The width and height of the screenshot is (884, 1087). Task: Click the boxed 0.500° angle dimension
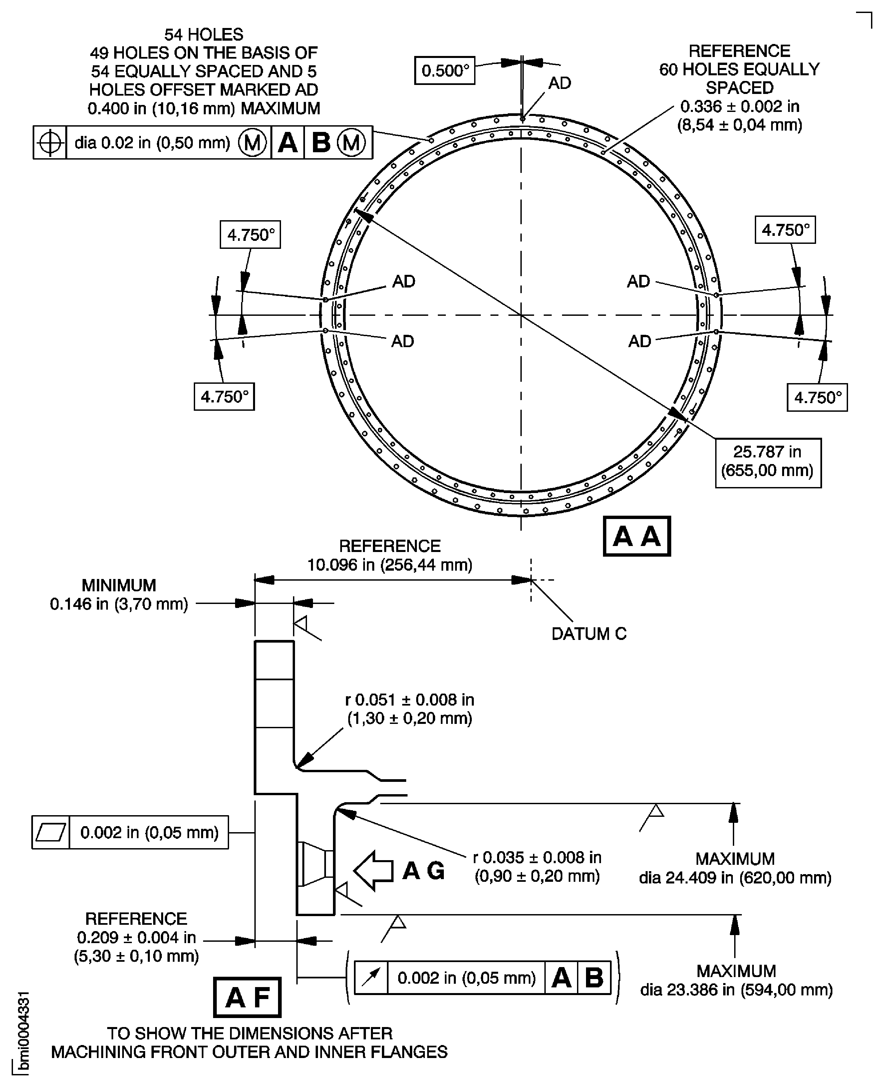click(x=444, y=70)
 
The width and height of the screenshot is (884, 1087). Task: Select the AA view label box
click(x=637, y=536)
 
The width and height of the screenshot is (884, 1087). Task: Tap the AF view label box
click(x=247, y=997)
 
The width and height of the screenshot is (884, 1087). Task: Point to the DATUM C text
click(x=589, y=634)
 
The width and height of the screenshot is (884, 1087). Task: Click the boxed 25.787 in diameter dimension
click(x=767, y=461)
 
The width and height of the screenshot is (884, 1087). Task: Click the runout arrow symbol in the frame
click(x=371, y=977)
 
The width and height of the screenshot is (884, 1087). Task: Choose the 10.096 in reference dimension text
click(x=390, y=564)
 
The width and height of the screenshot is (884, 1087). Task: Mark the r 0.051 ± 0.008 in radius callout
click(x=410, y=709)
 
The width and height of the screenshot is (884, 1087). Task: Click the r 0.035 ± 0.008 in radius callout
click(x=537, y=866)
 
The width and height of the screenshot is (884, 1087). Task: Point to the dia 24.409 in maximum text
click(x=735, y=878)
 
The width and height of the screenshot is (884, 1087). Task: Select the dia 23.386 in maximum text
click(x=736, y=990)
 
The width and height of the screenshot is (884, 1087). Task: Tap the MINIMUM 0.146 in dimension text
click(x=119, y=594)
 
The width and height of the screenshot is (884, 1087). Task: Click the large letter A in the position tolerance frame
click(x=288, y=143)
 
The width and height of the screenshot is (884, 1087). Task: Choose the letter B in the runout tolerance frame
click(x=594, y=977)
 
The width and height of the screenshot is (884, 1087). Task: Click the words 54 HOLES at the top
click(x=204, y=35)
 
